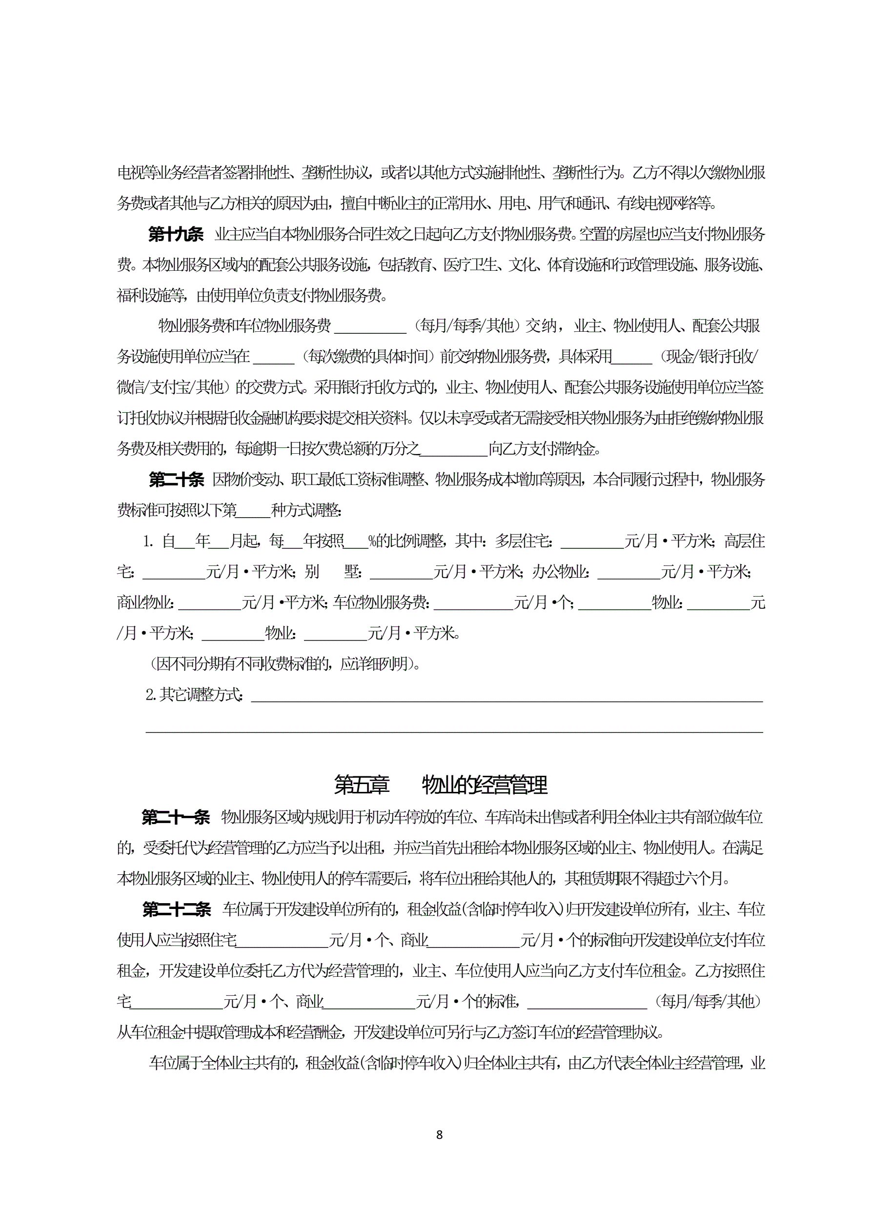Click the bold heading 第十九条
click(x=176, y=234)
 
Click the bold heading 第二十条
click(x=177, y=479)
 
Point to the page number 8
click(x=440, y=1134)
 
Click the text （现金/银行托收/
click(x=710, y=357)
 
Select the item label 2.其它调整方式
click(x=194, y=695)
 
